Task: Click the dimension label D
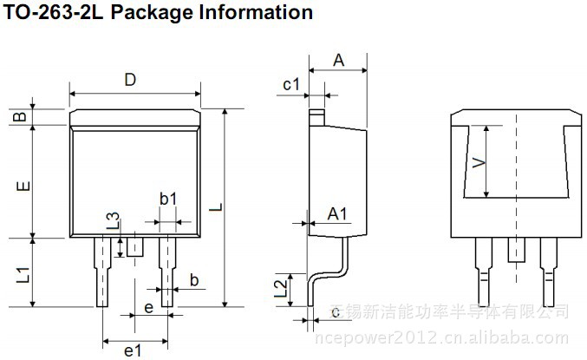coord(129,81)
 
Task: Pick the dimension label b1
coord(167,199)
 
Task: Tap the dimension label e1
coord(133,350)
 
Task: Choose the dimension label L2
coord(280,288)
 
